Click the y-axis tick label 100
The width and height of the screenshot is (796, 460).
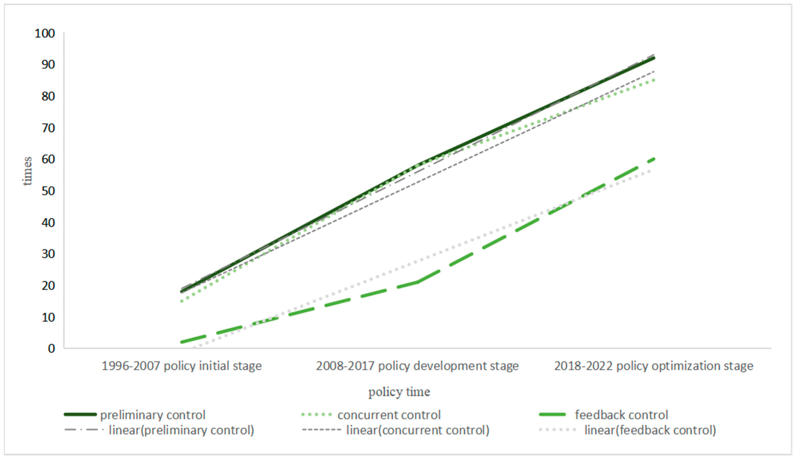44,33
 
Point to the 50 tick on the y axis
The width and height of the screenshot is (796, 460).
48,191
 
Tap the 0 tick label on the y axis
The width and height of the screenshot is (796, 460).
51,349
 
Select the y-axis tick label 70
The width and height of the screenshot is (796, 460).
48,128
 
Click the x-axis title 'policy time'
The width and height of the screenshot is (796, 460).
399,392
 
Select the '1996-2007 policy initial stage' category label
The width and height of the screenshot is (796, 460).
182,366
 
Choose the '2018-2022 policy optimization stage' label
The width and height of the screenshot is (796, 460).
653,366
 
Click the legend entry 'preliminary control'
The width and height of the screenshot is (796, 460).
153,415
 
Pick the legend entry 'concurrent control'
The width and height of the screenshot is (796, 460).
388,415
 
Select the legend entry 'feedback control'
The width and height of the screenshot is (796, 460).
621,415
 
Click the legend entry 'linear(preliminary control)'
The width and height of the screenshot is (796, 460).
181,430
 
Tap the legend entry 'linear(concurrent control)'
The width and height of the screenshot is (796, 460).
417,430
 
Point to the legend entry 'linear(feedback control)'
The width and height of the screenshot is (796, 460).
650,430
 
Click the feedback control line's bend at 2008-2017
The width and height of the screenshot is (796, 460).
418,282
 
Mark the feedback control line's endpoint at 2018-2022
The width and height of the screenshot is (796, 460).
653,159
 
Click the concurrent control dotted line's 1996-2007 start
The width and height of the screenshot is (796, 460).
182,301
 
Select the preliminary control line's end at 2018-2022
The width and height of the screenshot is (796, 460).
653,58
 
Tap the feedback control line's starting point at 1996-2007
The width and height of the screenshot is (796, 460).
182,342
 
